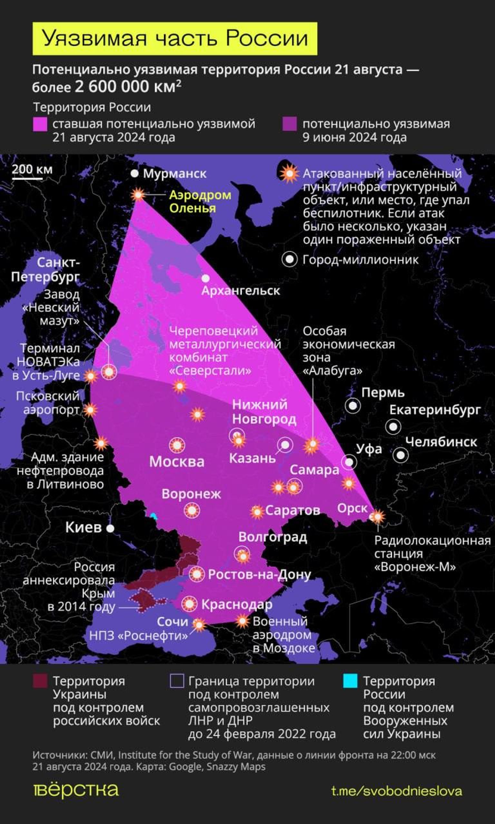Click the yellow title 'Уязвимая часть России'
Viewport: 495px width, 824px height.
tap(175, 38)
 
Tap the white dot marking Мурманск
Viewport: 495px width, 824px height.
tap(134, 173)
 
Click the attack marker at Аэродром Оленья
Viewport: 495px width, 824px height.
tap(138, 194)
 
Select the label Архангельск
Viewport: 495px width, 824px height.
tap(240, 291)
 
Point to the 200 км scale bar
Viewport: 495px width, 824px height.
tap(27, 179)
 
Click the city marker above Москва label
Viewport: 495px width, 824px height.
tap(177, 445)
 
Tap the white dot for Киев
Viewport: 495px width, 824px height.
tap(110, 528)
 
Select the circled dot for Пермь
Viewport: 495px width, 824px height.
tap(353, 406)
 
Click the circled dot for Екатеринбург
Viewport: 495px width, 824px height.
tap(393, 427)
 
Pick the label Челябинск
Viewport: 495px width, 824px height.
tap(441, 442)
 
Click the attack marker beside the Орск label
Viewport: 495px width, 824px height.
tap(377, 517)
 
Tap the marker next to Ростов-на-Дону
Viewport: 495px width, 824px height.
tap(197, 574)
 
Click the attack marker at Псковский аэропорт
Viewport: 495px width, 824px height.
tap(90, 410)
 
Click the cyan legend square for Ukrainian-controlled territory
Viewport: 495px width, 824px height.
tap(350, 681)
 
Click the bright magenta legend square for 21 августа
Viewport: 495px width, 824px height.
tap(40, 124)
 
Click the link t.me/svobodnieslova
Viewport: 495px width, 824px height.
tap(397, 791)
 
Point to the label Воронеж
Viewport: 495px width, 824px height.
tap(191, 494)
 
